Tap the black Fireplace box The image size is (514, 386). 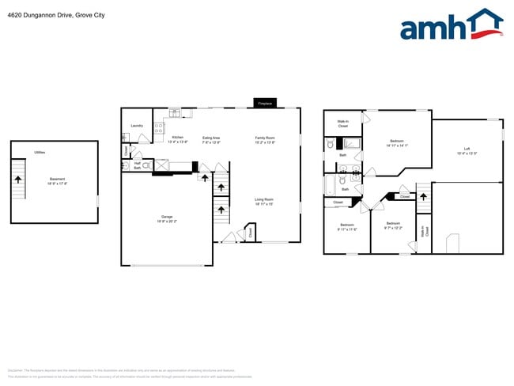pos(264,103)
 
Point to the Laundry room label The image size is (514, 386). pos(136,125)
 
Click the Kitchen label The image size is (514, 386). pos(178,138)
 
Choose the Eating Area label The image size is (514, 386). pos(211,138)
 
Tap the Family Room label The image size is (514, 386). pos(264,138)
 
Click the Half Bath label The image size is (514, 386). pos(137,166)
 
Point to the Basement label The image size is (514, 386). pos(57,179)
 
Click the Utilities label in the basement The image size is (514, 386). pos(40,152)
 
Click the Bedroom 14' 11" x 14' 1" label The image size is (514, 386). pos(396,142)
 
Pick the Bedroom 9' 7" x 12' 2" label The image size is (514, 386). pos(393,225)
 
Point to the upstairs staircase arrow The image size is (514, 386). pos(422,193)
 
